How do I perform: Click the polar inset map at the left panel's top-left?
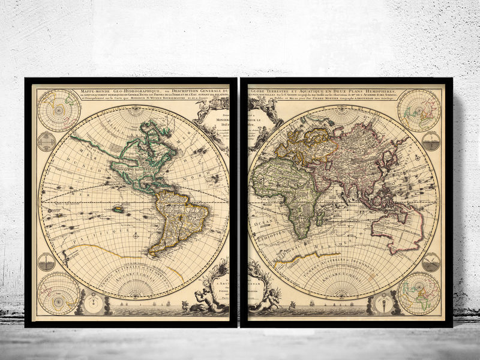coord(59,110)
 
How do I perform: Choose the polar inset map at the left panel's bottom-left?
coord(59,293)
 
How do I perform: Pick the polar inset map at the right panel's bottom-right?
coord(419,293)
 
